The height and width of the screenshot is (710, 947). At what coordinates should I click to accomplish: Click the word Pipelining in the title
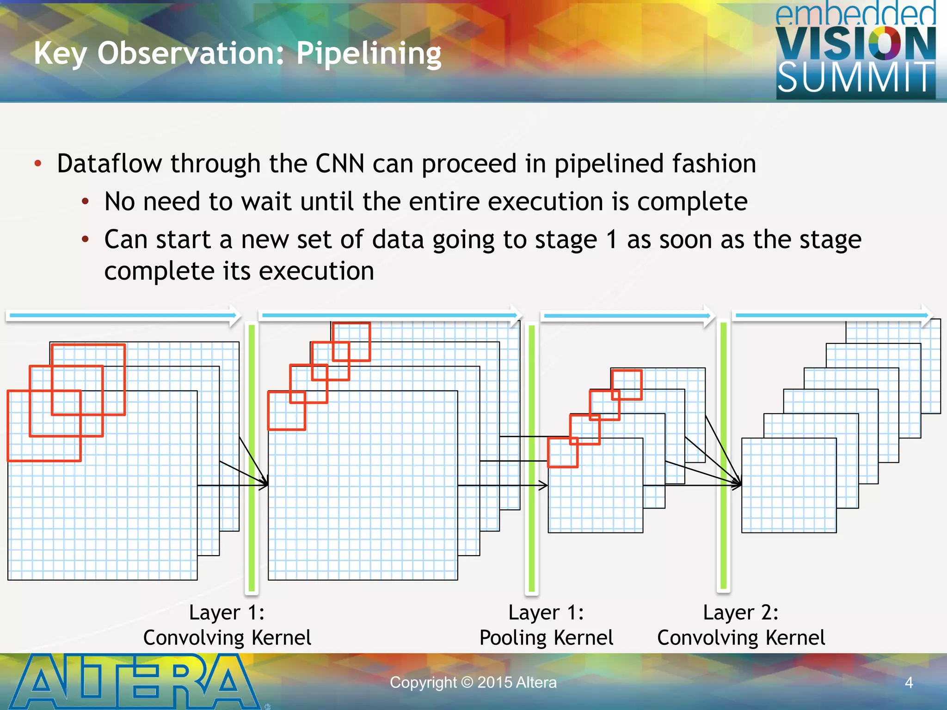369,54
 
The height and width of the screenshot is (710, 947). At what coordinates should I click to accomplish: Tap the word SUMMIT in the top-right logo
855,78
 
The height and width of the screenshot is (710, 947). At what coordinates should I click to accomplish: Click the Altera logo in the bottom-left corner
134,681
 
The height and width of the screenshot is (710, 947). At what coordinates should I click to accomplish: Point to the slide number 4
909,683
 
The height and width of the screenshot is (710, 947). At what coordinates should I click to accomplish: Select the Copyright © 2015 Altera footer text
473,682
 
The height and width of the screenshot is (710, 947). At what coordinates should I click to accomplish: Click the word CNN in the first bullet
339,164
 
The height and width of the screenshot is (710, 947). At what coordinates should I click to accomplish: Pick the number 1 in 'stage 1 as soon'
611,239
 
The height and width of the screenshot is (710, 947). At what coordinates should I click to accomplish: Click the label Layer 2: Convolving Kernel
741,625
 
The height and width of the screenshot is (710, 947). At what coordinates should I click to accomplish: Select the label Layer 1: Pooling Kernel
546,625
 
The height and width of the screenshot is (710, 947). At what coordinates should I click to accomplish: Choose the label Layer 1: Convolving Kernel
227,625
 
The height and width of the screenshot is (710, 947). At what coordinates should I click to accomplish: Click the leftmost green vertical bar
252,458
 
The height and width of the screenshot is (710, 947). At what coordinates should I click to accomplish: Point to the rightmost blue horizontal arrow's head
927,315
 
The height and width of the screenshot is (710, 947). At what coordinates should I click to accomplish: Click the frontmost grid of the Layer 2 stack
789,485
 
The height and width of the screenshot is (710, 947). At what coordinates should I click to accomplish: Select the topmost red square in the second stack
351,342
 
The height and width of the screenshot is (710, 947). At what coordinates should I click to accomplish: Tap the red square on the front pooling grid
563,453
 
